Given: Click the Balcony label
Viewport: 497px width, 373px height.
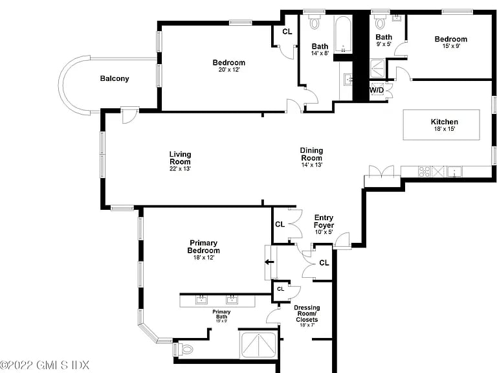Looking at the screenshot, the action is [x=115, y=78].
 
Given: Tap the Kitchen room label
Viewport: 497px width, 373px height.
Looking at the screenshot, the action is [x=444, y=122].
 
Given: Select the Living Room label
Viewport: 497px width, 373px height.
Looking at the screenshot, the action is [x=180, y=157].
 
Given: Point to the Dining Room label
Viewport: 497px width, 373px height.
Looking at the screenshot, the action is [x=311, y=154].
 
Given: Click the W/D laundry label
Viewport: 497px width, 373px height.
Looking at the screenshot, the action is [x=377, y=91].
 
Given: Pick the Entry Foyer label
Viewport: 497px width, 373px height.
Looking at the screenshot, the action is [x=324, y=221].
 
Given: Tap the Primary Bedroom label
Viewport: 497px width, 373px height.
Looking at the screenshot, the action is [x=203, y=247].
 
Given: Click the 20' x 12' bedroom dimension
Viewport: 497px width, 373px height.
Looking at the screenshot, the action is [x=229, y=69].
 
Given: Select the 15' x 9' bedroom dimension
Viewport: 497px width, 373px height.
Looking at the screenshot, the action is [x=451, y=46].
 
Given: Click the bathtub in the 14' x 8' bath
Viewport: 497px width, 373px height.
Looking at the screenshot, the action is [x=343, y=34].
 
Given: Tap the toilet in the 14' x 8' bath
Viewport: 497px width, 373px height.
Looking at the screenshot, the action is [x=315, y=22].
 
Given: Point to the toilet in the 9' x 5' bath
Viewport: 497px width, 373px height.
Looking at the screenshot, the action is [x=380, y=22].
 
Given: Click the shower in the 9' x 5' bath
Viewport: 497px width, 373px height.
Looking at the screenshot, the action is [x=378, y=68].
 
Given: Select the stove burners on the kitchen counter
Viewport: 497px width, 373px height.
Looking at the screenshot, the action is [x=424, y=172].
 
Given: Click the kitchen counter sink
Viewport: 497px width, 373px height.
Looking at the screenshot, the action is [x=454, y=172].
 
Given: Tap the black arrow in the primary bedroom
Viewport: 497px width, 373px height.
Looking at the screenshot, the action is [x=269, y=262].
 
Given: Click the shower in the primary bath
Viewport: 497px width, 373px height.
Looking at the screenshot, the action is [x=259, y=345].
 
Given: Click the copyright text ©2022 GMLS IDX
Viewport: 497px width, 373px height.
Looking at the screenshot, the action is [x=45, y=365].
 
